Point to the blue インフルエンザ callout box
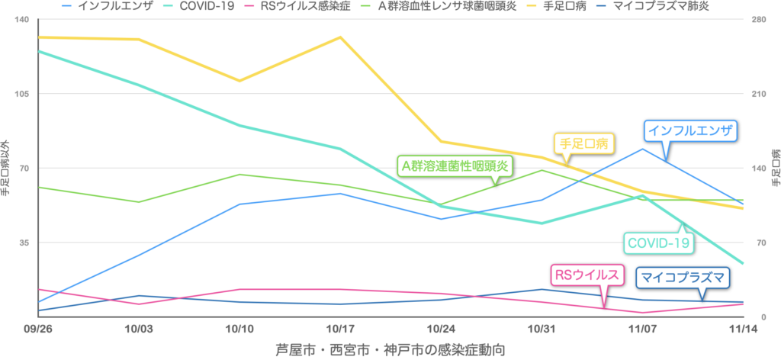tap(690, 131)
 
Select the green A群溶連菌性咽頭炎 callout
tap(455, 165)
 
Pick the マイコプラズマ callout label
tap(680, 278)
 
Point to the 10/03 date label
tap(138, 329)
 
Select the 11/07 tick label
tap(642, 329)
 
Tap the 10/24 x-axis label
tap(441, 329)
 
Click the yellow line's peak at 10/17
tap(340, 37)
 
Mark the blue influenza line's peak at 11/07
tap(642, 148)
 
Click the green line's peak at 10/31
tap(542, 169)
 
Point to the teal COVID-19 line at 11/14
tap(743, 264)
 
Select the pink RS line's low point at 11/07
tap(642, 313)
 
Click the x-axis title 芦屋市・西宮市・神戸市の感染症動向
tap(390, 349)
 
